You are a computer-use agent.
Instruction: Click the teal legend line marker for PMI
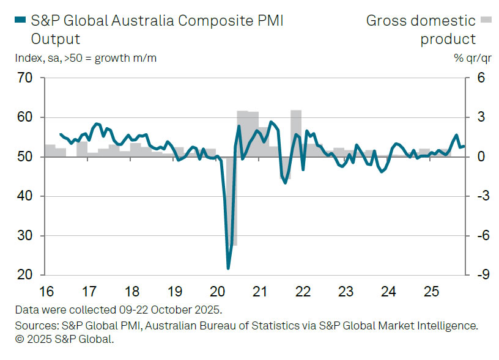pos(20,21)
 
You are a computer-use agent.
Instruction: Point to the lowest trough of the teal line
pos(228,268)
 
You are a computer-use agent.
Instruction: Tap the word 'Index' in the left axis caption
pos(28,58)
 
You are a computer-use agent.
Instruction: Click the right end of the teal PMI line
pos(464,146)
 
